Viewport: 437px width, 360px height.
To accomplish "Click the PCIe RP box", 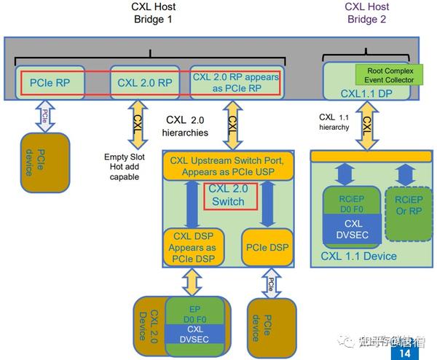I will click(x=50, y=83).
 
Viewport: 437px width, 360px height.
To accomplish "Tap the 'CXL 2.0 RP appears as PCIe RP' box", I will click(x=234, y=82).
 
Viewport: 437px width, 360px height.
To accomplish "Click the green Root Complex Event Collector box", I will click(x=385, y=74).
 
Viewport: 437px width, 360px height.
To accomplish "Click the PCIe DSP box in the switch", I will click(x=269, y=246).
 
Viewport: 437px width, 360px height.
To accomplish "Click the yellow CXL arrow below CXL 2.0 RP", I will click(x=137, y=122).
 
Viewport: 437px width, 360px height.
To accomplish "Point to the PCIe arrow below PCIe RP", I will click(x=45, y=116).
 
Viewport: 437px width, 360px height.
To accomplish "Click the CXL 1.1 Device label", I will click(x=359, y=256).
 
